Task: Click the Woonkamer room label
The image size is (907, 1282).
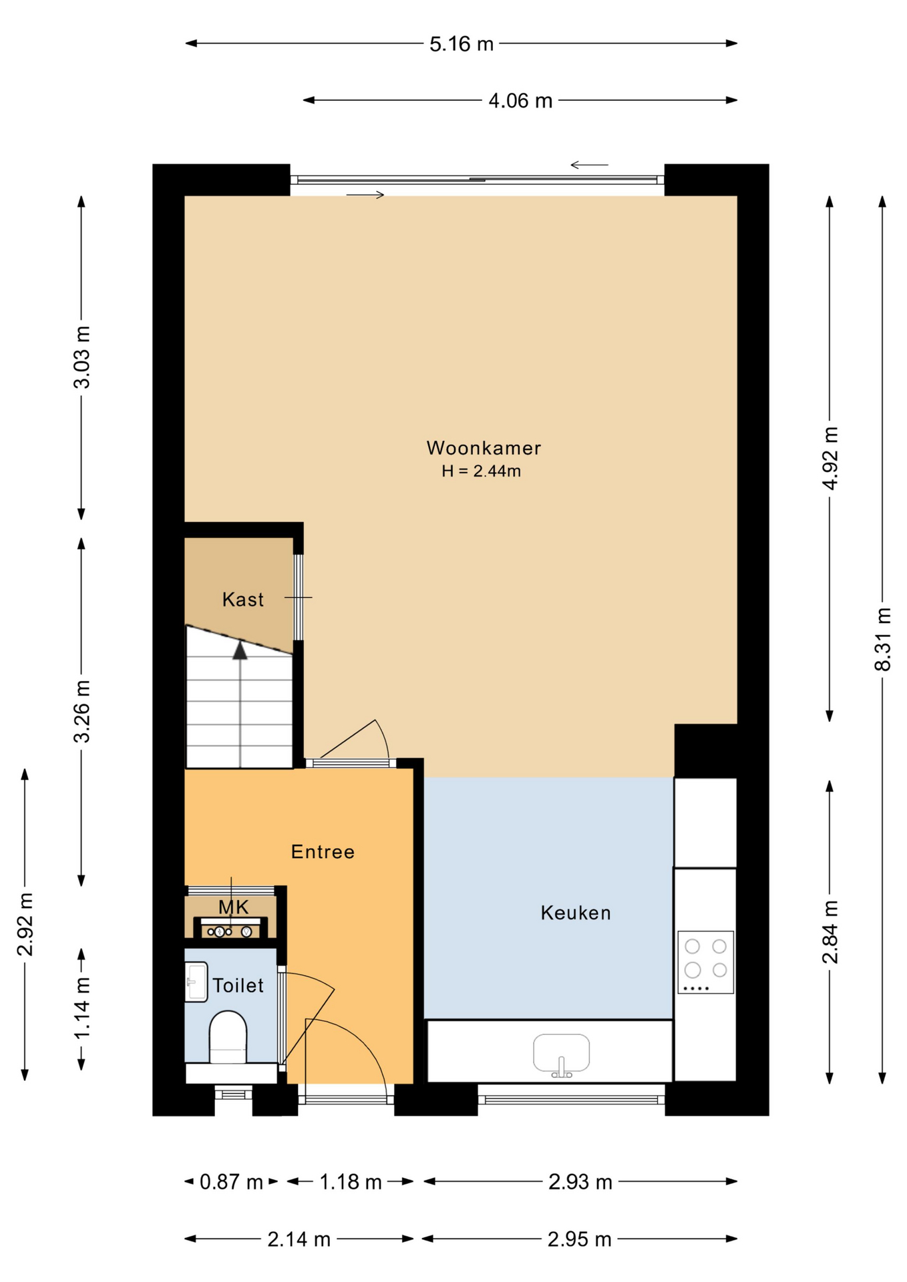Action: (484, 448)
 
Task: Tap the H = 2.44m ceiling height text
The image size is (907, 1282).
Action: (481, 471)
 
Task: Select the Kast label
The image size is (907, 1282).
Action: (242, 600)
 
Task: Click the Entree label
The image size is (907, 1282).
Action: (323, 852)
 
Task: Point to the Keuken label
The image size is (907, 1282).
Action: (576, 913)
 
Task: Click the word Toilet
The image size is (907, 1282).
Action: (238, 986)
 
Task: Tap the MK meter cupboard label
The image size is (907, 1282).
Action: (234, 907)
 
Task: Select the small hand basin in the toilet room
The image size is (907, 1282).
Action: (196, 982)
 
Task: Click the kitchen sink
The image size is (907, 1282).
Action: (561, 1054)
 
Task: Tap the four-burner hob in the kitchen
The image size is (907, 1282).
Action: (705, 962)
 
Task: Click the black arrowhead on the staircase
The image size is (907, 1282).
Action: (240, 650)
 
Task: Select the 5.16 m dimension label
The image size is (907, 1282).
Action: (461, 44)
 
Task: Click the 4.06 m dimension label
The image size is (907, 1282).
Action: (520, 101)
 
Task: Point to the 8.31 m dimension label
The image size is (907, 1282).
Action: (883, 639)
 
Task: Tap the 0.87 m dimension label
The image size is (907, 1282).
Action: (231, 1182)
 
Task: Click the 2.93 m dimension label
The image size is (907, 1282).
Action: (580, 1182)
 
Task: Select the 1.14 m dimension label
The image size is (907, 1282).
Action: (82, 1008)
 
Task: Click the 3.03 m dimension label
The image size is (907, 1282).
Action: (82, 357)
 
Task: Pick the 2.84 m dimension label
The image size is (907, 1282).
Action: (830, 931)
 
